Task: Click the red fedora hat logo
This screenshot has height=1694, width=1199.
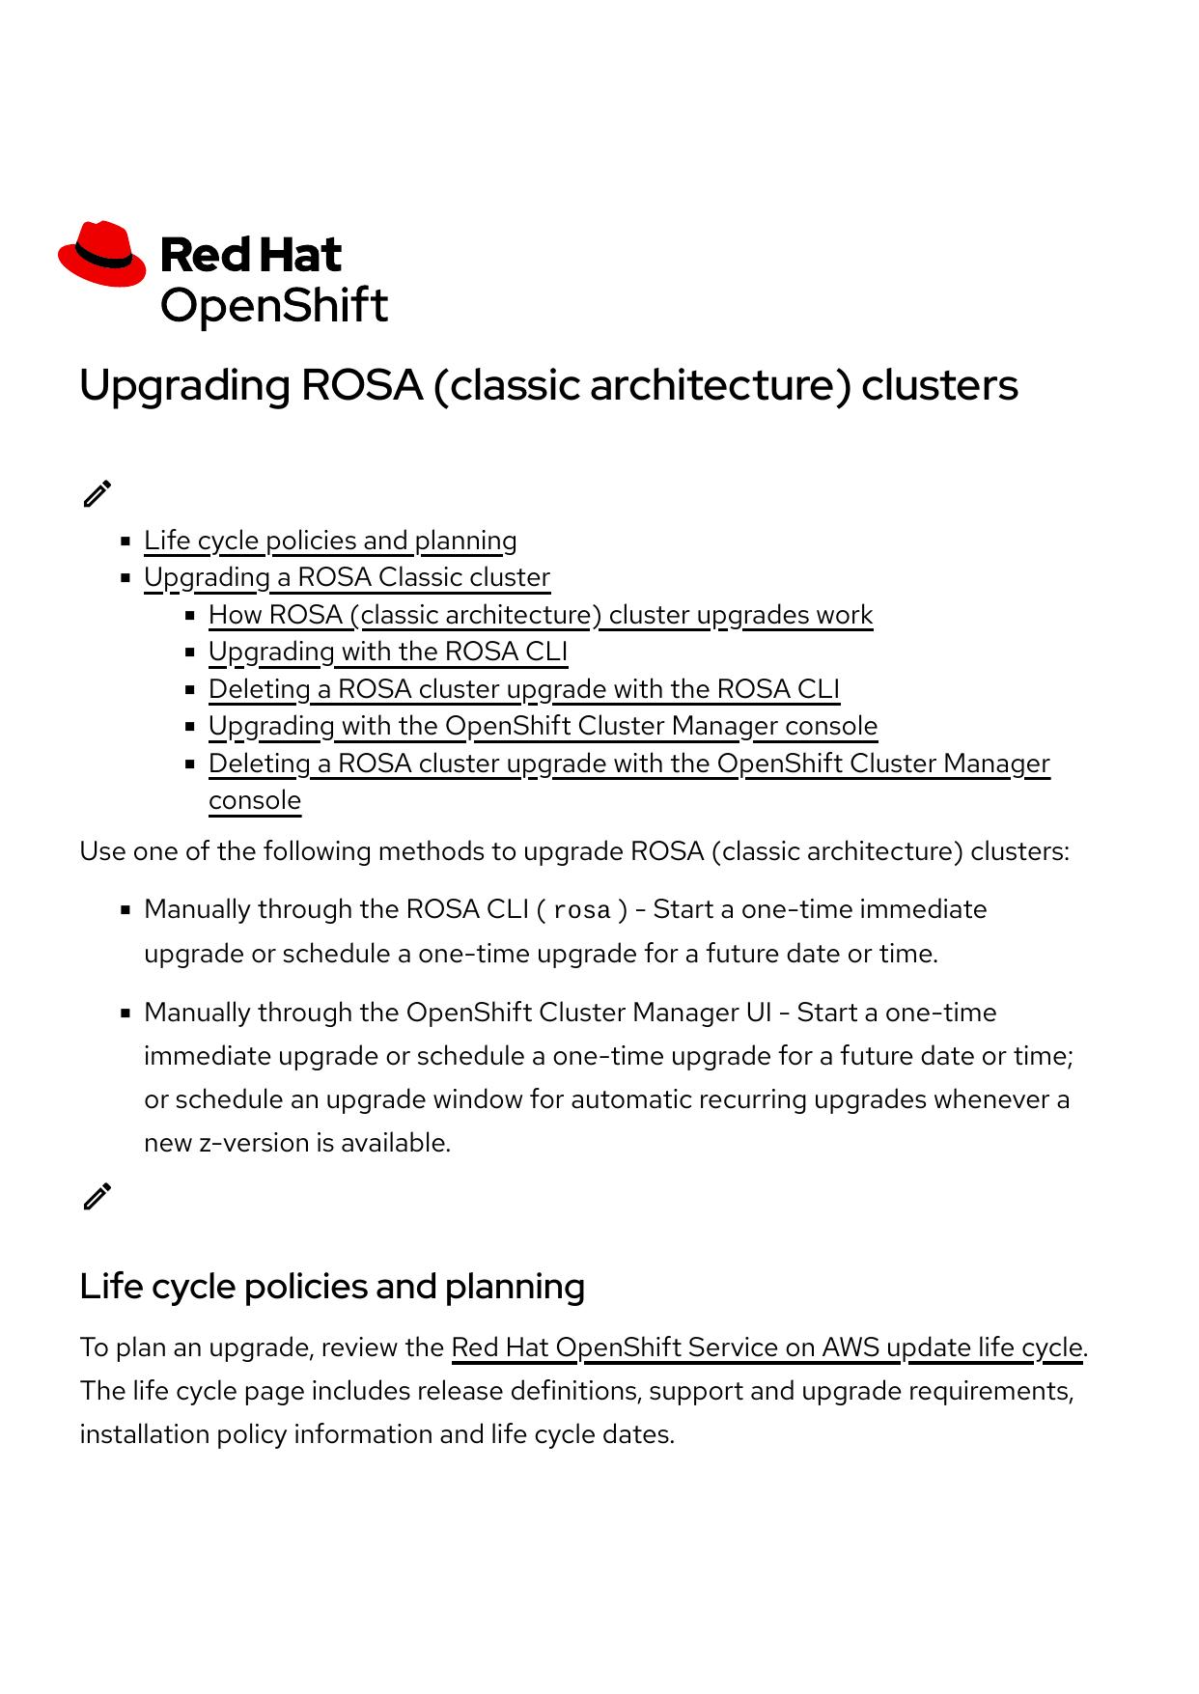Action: (x=101, y=254)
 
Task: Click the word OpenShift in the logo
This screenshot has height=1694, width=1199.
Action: (x=273, y=306)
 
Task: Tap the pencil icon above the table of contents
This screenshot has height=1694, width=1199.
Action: (x=97, y=493)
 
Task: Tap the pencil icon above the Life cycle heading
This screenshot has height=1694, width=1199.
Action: (x=97, y=1196)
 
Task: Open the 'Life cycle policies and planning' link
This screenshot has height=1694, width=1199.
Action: (x=330, y=541)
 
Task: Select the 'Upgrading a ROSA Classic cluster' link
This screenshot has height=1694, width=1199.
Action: (x=347, y=577)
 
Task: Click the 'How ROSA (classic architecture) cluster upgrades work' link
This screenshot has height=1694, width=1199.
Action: (x=541, y=615)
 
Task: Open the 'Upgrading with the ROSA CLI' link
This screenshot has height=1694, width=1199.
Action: (x=388, y=652)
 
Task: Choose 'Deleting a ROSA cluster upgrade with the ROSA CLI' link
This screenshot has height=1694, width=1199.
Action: (x=524, y=689)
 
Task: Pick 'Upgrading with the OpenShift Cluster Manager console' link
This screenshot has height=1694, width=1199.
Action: (x=543, y=726)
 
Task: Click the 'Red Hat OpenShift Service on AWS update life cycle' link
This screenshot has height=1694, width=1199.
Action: (x=767, y=1347)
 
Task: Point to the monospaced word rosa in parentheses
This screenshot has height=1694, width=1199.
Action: (x=582, y=910)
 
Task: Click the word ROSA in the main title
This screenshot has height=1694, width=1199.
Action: (x=362, y=385)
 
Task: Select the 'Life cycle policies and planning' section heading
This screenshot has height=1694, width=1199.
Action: (x=332, y=1287)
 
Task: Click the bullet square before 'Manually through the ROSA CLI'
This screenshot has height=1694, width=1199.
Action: (x=125, y=909)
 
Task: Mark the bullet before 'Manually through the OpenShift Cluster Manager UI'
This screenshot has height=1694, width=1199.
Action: (x=125, y=1014)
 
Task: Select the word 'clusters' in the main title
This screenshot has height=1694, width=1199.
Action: (x=939, y=385)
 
